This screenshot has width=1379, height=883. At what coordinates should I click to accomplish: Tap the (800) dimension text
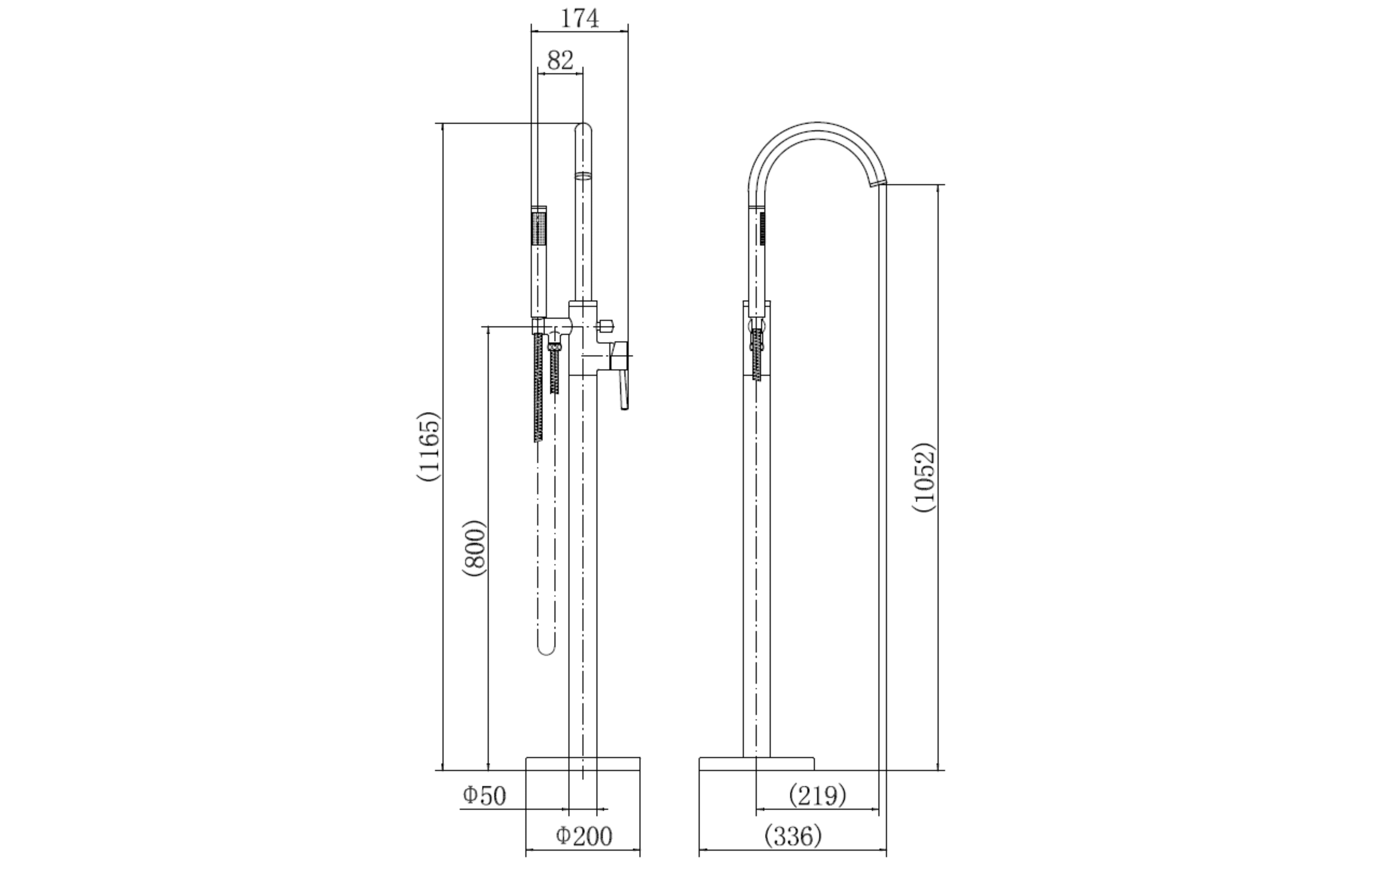pyautogui.click(x=474, y=548)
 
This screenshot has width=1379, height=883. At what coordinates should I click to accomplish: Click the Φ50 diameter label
pyautogui.click(x=484, y=795)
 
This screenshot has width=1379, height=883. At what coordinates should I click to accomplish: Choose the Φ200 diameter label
pyautogui.click(x=584, y=837)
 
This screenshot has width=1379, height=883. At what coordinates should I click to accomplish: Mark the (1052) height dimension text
pyautogui.click(x=924, y=477)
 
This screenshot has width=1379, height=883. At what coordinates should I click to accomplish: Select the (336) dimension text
pyautogui.click(x=793, y=837)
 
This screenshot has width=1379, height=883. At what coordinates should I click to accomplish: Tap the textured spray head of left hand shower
pyautogui.click(x=539, y=229)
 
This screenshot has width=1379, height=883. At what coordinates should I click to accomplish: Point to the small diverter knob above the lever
pyautogui.click(x=606, y=327)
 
